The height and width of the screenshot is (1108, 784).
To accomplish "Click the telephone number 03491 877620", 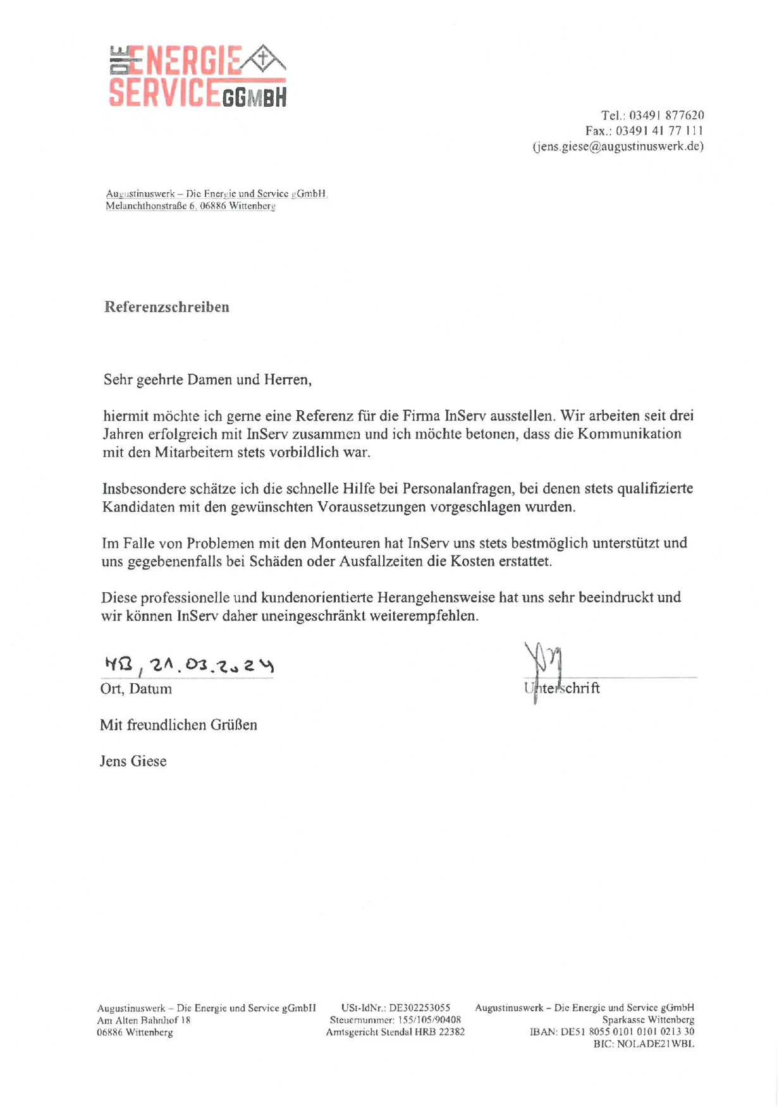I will [666, 116].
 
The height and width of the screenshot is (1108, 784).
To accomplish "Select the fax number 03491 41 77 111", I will [659, 131].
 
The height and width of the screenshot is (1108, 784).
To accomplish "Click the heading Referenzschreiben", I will [167, 307].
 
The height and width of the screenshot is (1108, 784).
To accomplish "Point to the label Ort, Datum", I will [136, 689].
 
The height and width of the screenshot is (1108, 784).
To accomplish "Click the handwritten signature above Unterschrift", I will [544, 663].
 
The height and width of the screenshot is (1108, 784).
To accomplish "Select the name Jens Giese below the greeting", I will [133, 761].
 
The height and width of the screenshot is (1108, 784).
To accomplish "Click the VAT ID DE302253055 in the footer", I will [419, 1008].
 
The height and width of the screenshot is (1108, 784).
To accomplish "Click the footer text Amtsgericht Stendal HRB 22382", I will [395, 1032].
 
